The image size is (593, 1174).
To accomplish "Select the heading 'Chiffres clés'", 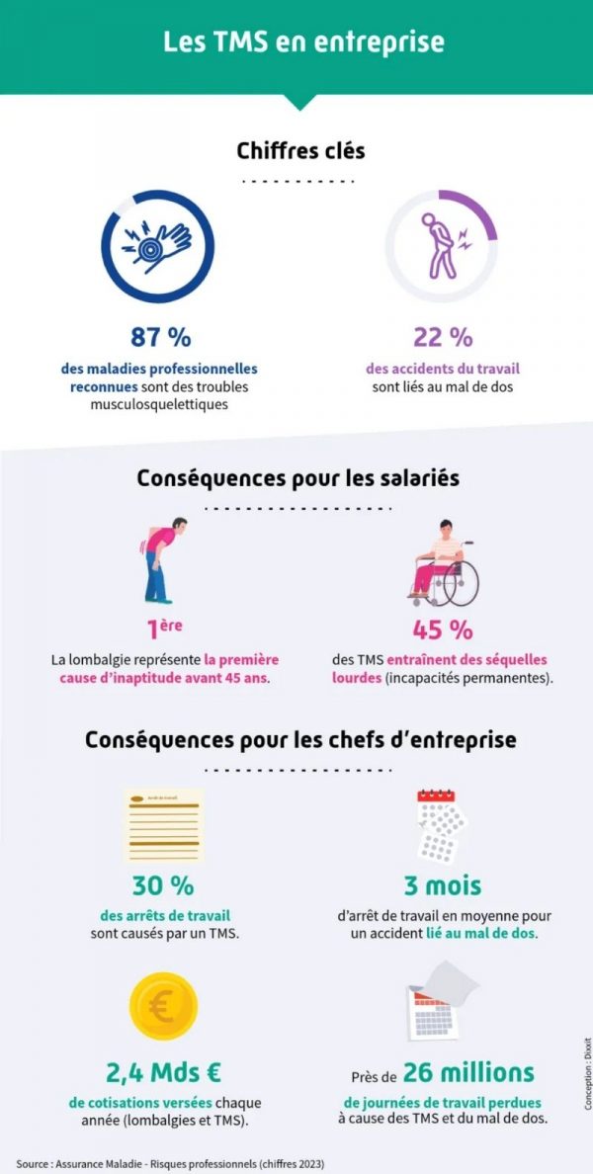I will (x=300, y=150).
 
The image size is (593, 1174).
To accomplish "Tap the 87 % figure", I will (x=160, y=337).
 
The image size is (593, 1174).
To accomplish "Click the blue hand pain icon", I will (x=159, y=246).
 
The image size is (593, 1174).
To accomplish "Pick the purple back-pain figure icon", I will (x=440, y=245).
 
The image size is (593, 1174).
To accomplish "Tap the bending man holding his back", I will (x=158, y=559).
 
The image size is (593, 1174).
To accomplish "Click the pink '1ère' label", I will (x=164, y=629).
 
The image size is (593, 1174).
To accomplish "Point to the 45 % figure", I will (x=442, y=629).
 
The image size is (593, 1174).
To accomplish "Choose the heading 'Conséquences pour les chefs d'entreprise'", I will (x=300, y=739).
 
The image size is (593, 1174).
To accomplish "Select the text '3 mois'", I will (x=442, y=884).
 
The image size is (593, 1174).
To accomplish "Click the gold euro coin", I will (x=163, y=1006).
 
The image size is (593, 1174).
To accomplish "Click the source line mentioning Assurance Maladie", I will (x=170, y=1163).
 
